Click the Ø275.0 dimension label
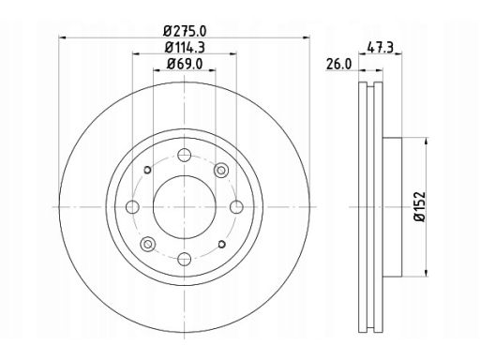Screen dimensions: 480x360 tap(185, 31)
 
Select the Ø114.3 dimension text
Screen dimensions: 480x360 tap(185, 48)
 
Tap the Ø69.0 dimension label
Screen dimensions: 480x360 tap(185, 64)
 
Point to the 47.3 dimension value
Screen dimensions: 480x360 tap(380, 48)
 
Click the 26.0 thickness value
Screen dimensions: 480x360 tap(338, 64)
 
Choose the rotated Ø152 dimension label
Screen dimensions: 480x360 tap(420, 206)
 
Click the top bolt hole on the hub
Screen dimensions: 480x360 tap(185, 155)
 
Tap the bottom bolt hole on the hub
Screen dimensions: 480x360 tap(185, 259)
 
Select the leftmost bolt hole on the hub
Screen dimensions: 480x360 tap(132, 207)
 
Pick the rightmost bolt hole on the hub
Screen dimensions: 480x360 tap(236, 207)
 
